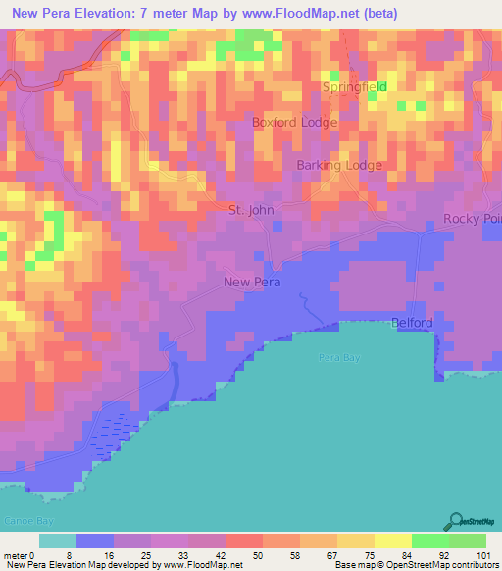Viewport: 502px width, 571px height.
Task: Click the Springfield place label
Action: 355,87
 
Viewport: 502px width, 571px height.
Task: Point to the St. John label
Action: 250,210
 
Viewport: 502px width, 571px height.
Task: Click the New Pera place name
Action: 252,283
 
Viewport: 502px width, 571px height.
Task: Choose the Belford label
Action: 412,322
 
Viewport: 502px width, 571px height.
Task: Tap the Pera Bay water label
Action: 338,358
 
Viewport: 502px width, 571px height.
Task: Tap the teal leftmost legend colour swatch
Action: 57,541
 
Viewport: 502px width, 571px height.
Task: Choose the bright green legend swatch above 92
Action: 429,541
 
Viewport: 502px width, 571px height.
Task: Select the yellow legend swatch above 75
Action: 355,541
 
